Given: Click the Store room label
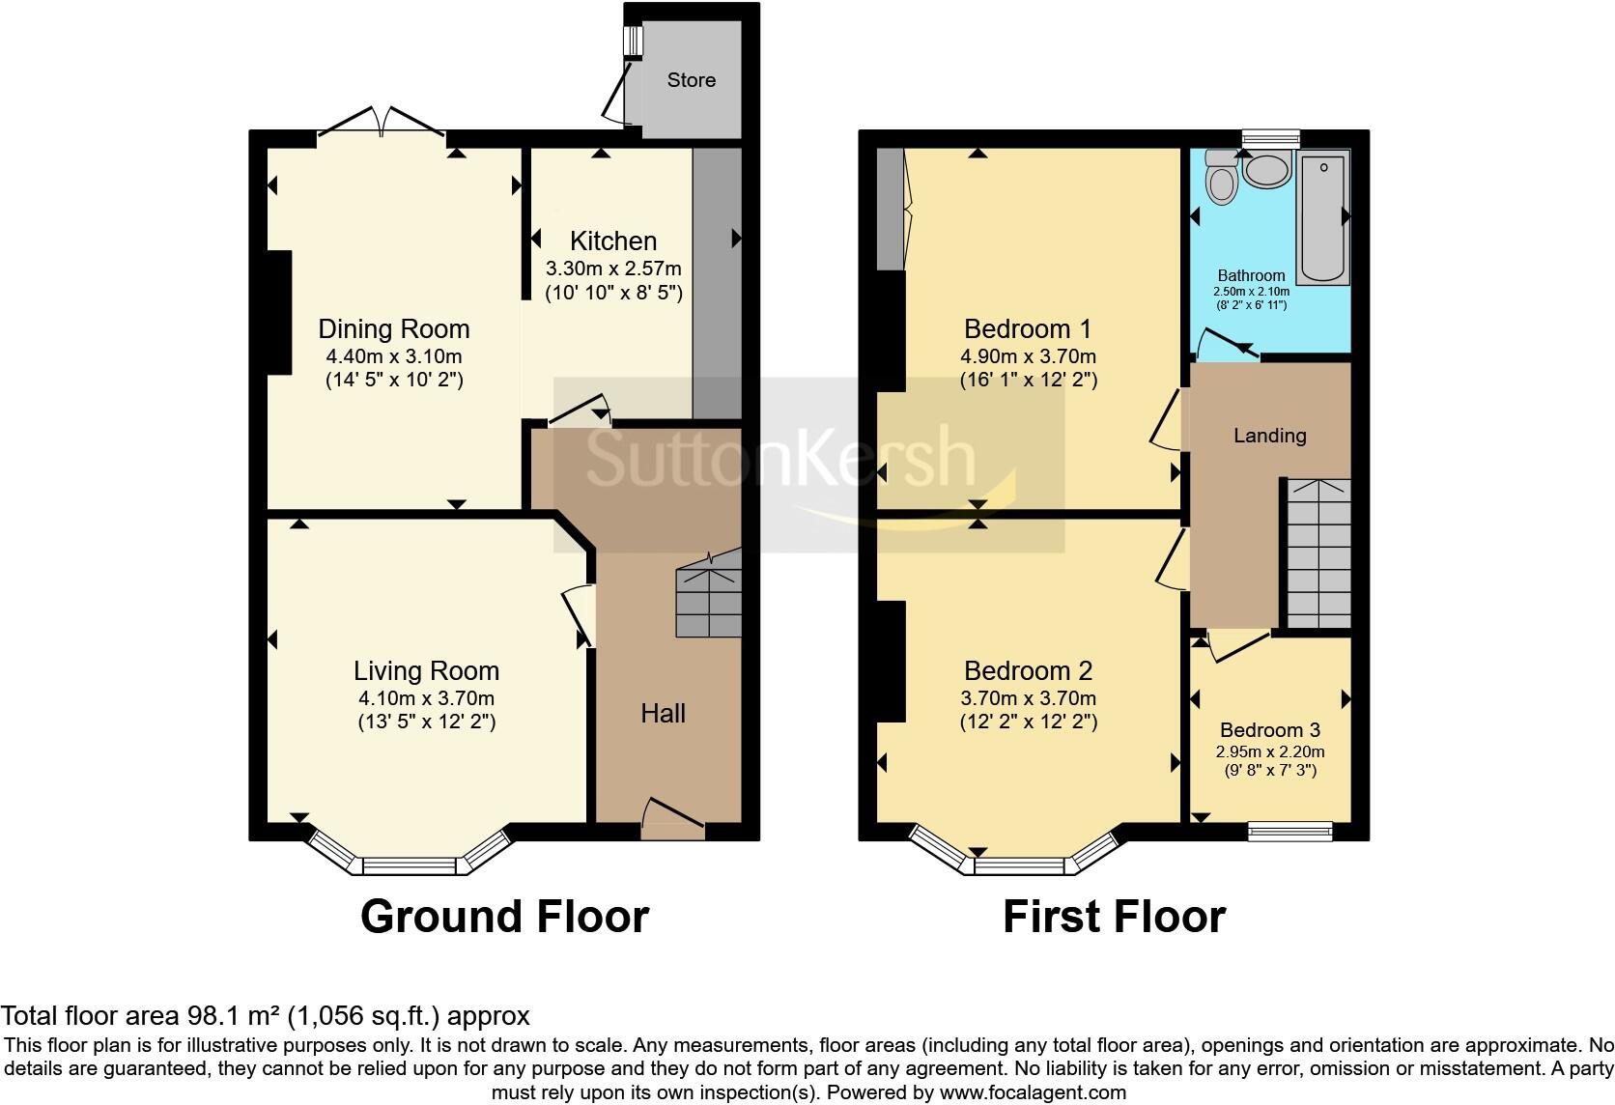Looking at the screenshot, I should [x=691, y=79].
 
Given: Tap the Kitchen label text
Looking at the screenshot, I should [x=612, y=241].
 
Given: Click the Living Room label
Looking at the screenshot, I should [x=426, y=670].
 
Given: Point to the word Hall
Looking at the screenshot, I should [x=663, y=714].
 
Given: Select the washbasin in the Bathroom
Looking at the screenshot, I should [x=1266, y=169].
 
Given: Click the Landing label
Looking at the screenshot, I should [x=1269, y=436].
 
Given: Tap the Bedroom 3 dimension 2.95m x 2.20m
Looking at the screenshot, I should [x=1270, y=751].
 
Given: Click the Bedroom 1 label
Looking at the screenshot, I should [x=1028, y=327].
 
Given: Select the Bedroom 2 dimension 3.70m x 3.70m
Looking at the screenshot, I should [x=1028, y=697].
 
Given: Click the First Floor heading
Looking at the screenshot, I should [x=1114, y=917].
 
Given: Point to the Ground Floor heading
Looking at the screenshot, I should [x=504, y=917].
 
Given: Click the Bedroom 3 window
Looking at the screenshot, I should [x=1290, y=829].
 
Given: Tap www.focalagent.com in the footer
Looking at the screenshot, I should [x=1033, y=1093].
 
